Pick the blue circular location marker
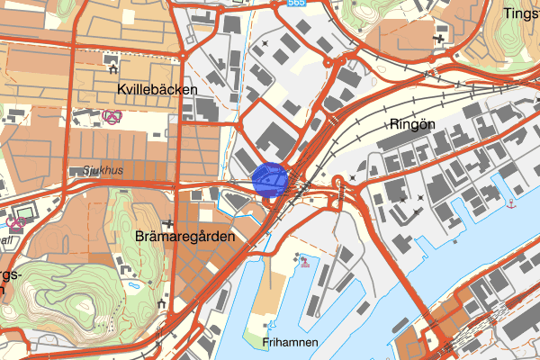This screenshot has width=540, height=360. click(270, 178)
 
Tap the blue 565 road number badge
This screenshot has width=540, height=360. click(297, 4)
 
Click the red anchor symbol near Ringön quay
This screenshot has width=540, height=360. click(511, 203)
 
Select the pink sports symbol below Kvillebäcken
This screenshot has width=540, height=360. click(112, 116)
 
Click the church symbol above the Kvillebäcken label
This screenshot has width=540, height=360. click(112, 65)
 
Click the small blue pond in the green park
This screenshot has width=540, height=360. click(134, 286)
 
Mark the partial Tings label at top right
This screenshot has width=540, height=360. click(521, 15)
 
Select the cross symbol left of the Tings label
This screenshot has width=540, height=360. click(441, 37)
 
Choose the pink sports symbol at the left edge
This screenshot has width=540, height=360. click(13, 221)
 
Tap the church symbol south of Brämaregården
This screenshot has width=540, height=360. click(162, 304)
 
